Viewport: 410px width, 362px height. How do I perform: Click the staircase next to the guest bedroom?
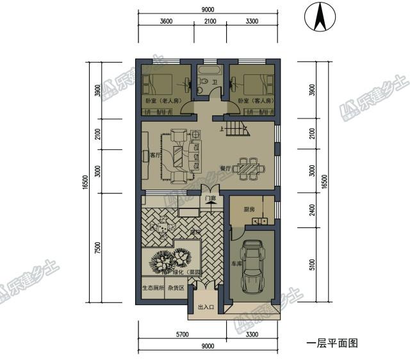pyautogui.click(x=237, y=126)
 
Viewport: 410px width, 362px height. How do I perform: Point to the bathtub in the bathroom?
pyautogui.click(x=208, y=69)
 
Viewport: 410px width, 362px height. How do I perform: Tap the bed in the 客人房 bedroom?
pyautogui.click(x=250, y=85)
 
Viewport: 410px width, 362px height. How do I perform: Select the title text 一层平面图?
pyautogui.click(x=331, y=343)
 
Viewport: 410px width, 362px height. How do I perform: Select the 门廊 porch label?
pyautogui.click(x=210, y=199)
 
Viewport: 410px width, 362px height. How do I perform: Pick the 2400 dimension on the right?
pyautogui.click(x=312, y=208)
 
